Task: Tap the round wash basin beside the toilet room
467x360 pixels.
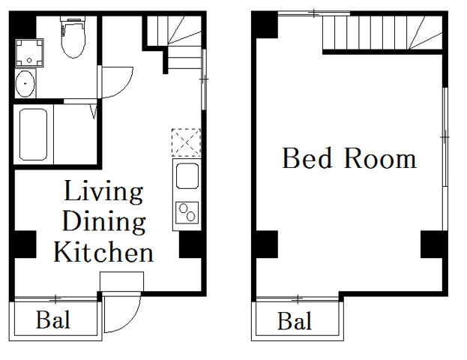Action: click(25, 84)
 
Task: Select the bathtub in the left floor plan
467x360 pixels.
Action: click(34, 135)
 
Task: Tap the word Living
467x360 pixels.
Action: click(103, 193)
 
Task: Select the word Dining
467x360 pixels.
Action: click(103, 222)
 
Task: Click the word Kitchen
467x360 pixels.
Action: click(103, 252)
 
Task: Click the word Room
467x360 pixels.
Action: click(380, 159)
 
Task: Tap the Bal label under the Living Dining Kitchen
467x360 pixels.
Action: click(53, 321)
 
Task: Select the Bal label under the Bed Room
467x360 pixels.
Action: click(295, 322)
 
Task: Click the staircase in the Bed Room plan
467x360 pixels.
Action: click(375, 34)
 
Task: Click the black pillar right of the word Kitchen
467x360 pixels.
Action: click(191, 244)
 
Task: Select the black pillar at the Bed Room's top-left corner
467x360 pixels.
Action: click(265, 26)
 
